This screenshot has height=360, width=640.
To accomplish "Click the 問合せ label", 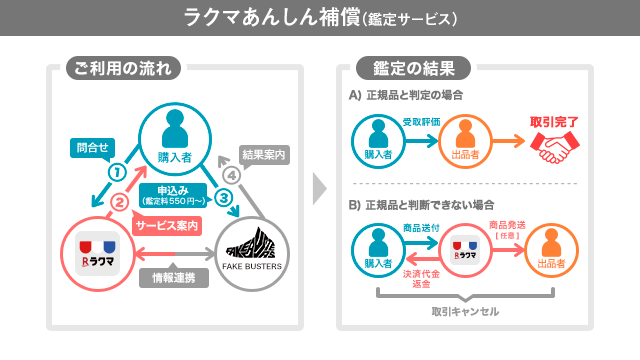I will click(x=92, y=147).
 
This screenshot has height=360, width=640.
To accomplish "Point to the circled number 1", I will click(x=116, y=171).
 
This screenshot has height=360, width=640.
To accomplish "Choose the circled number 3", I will click(x=225, y=198).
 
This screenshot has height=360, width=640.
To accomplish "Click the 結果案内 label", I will click(x=264, y=155).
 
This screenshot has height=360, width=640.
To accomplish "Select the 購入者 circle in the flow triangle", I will click(x=174, y=134).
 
